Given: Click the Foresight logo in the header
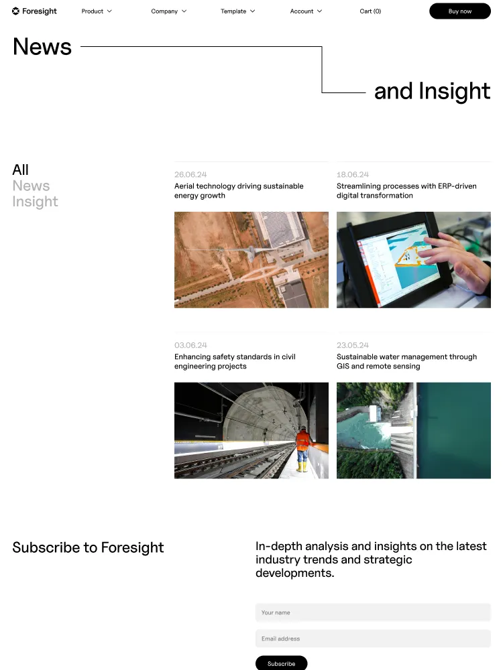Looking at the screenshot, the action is [x=34, y=11].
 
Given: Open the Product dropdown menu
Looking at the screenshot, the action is [x=97, y=11].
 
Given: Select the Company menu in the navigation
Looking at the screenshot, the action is [x=168, y=11].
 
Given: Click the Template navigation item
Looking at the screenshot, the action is [x=238, y=11].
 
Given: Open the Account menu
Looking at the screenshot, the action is [x=306, y=11].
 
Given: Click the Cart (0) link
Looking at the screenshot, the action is [x=370, y=11].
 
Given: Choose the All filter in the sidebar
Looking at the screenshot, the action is [x=21, y=170].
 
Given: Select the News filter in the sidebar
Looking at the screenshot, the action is [x=31, y=186].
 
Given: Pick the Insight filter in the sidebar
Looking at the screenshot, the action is [x=35, y=201].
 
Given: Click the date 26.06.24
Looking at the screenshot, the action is [x=190, y=174].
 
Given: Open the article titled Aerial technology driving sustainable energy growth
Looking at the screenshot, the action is [x=239, y=190].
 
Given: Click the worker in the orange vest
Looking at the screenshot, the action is [x=302, y=449].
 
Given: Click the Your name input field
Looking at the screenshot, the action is [x=373, y=612].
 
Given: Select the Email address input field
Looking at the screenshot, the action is [x=373, y=639].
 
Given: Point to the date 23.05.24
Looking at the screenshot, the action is [x=353, y=345].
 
